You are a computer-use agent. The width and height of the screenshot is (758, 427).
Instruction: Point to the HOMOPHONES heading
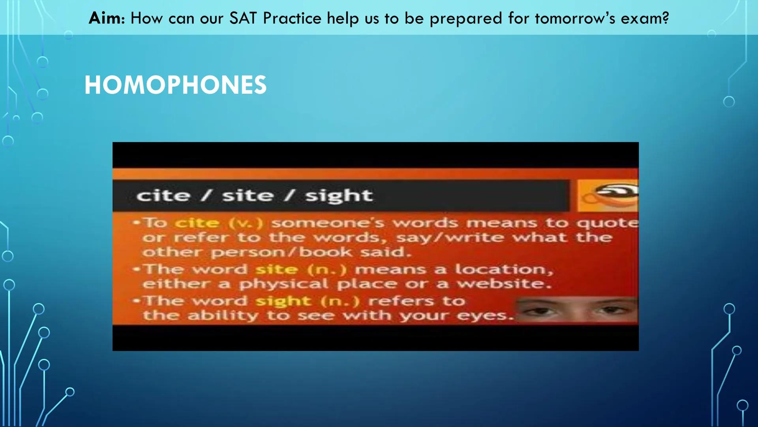[175, 85]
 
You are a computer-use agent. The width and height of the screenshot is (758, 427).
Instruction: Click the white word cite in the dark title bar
[163, 196]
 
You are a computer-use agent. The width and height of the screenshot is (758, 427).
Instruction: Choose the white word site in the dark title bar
[248, 196]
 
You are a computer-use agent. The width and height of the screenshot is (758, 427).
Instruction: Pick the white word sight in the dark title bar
[339, 196]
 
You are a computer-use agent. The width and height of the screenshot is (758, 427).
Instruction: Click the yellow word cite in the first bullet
[197, 223]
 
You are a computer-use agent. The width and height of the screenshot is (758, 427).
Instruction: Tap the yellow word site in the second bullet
[276, 269]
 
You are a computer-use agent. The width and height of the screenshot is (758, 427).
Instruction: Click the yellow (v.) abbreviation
[246, 223]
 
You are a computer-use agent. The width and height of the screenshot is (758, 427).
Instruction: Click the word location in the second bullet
[504, 269]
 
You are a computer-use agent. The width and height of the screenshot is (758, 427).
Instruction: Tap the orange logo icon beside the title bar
[608, 196]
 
